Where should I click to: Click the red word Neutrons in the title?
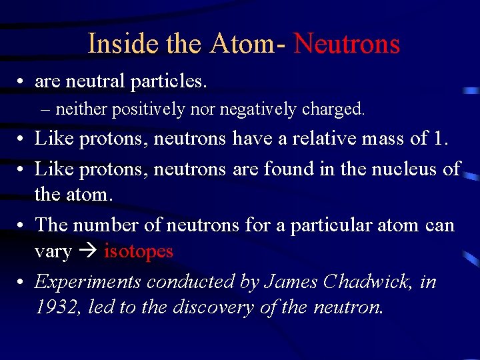coord(347,44)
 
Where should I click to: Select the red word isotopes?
coord(138,251)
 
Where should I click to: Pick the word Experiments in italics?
coord(88,282)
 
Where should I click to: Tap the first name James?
coord(291,282)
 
